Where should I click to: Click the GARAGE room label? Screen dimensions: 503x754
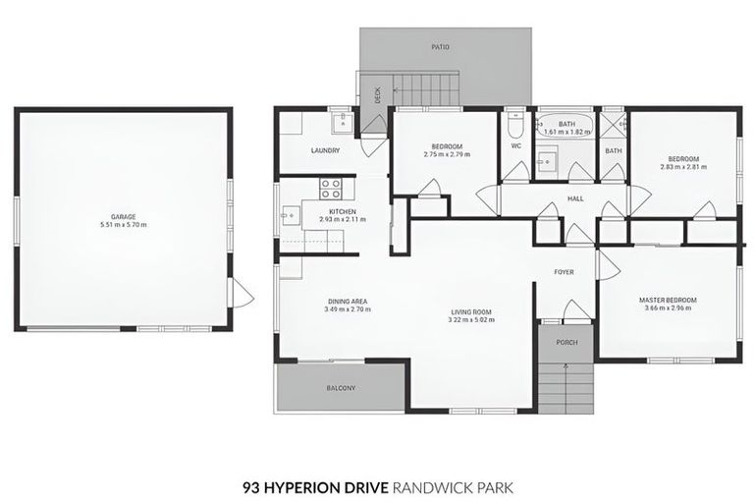[123, 216]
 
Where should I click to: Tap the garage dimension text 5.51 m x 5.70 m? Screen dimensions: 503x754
[123, 225]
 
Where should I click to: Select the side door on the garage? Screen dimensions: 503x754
[241, 292]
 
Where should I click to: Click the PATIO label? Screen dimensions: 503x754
[441, 46]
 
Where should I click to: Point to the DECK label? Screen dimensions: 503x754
[377, 95]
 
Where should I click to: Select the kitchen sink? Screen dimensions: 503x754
[289, 215]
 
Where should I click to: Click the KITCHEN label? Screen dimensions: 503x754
[342, 211]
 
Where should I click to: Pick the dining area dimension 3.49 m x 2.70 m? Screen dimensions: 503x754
[347, 309]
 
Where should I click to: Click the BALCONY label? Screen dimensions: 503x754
[341, 388]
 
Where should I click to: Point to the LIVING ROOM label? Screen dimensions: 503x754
[471, 311]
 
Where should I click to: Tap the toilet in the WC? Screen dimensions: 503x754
[515, 129]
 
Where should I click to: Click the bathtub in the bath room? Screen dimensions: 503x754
[566, 126]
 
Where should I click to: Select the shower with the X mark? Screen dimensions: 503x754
[613, 125]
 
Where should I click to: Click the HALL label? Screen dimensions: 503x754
[575, 198]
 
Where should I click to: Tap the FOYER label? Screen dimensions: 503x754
[564, 272]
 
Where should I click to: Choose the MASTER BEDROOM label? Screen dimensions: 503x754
[668, 300]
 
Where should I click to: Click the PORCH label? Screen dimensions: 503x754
[566, 342]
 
